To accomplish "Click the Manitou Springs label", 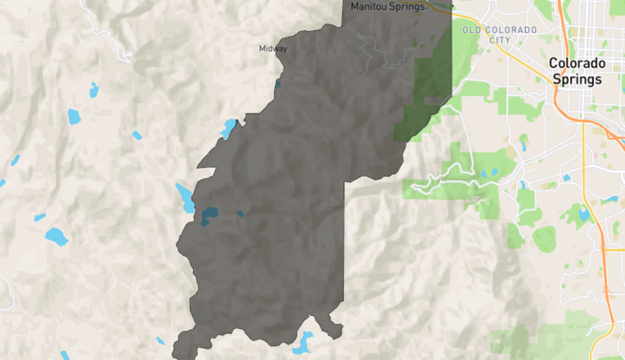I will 388,7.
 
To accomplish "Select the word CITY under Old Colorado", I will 500,39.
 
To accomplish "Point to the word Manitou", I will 368,7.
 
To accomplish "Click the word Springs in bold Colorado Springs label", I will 577,79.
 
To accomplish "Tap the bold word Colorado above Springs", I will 577,63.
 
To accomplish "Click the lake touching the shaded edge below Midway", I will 228,129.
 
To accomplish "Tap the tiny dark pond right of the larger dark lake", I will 241,214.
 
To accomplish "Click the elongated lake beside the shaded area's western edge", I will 185,197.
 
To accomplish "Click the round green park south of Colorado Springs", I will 544,239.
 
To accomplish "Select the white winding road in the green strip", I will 446,185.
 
